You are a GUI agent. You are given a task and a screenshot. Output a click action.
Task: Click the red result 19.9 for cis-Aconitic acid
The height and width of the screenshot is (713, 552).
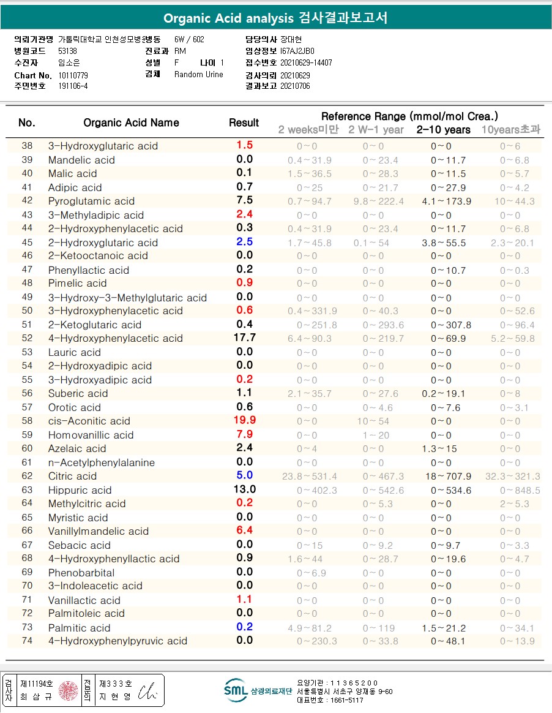point(244,420)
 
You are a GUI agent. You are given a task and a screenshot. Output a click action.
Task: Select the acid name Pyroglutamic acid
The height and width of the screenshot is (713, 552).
point(91,201)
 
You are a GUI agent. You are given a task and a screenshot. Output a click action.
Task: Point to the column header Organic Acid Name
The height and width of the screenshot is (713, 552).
point(131,123)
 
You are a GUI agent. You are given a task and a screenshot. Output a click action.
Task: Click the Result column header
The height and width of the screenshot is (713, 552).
point(244,123)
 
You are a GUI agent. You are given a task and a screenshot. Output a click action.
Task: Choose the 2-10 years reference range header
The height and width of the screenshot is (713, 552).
point(444,129)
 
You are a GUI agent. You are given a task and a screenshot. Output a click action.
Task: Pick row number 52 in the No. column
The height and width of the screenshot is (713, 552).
point(27,338)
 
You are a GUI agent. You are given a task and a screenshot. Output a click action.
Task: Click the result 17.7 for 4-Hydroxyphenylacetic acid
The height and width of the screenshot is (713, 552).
point(244,338)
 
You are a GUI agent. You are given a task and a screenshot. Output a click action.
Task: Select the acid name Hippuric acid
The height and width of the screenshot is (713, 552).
point(80,490)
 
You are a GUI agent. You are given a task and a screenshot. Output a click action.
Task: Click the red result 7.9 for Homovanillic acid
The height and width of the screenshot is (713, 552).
point(244,434)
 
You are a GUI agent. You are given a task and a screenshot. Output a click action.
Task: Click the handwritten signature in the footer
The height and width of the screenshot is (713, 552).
point(147,690)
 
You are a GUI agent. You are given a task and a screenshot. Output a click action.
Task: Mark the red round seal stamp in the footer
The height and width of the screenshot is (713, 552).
point(67,690)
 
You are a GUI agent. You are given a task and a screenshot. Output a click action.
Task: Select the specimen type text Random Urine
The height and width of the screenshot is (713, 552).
point(199,75)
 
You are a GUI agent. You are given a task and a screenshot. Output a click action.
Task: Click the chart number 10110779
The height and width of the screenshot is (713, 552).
point(73,75)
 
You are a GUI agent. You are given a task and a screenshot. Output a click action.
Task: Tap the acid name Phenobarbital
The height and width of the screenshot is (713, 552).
point(81,573)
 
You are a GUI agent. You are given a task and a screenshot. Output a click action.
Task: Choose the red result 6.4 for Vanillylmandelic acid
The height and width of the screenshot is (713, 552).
point(244,530)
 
